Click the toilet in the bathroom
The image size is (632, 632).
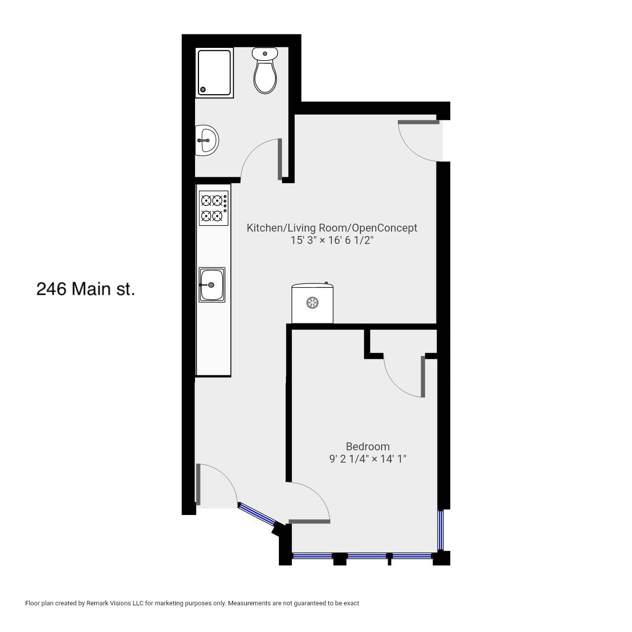coord(265,70)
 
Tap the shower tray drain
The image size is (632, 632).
coord(203,89)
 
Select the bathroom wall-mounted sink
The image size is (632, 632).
coord(206,140)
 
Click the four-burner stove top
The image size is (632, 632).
coord(213,208)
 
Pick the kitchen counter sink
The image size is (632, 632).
coord(212,285)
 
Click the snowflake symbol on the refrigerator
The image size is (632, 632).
coord(313,302)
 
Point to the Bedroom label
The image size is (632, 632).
coord(368,446)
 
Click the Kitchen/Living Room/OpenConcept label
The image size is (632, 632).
coord(332,228)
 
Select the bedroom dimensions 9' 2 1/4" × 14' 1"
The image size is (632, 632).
coord(368,459)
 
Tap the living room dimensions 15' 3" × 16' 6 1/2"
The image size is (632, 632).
coord(332,240)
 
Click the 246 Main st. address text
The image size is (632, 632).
coord(85,289)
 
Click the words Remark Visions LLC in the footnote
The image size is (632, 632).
coord(115,603)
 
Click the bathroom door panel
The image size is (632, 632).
coord(280,159)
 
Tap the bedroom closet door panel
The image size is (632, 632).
coord(423,377)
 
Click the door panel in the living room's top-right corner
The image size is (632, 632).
coord(419,122)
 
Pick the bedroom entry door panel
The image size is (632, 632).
coord(309,521)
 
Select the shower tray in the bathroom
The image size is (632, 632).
coord(214,73)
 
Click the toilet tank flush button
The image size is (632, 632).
coord(265,53)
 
